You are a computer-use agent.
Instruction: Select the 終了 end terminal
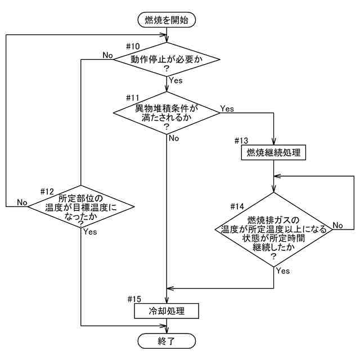point(166,340)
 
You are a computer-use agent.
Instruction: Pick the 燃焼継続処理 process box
point(273,152)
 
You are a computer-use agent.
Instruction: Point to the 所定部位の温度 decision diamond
point(82,207)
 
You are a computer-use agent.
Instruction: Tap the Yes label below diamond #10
point(175,81)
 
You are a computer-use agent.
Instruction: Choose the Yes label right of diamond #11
point(227,108)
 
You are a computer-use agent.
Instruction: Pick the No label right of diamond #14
point(338,225)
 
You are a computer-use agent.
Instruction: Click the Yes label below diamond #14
point(283,271)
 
